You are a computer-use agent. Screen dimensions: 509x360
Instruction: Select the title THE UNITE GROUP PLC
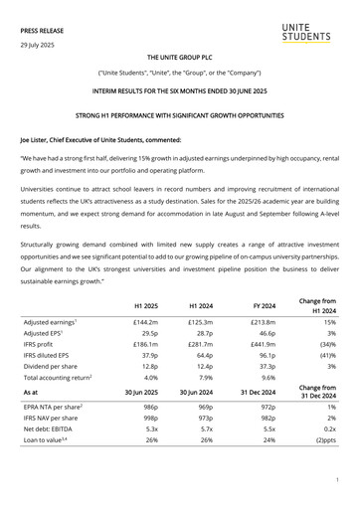pyautogui.click(x=179, y=59)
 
